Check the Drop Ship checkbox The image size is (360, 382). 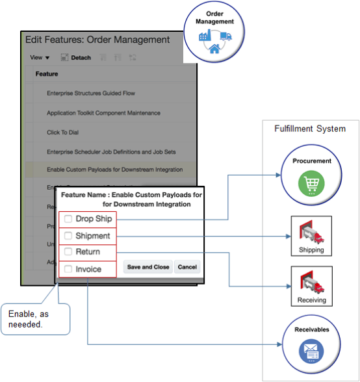coord(68,219)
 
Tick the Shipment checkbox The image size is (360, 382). coord(68,235)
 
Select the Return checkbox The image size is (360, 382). coord(68,251)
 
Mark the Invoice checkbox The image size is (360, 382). coord(68,268)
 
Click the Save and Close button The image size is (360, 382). coord(148,267)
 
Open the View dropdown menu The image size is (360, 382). coord(40,58)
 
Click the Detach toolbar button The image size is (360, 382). coord(75,58)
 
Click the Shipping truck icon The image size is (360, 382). coord(311,234)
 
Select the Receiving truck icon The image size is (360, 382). coord(311,285)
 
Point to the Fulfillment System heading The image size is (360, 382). coord(311,129)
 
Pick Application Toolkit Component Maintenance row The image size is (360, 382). coord(103,113)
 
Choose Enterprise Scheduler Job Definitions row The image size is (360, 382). coord(110,151)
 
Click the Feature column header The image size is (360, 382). coord(47,74)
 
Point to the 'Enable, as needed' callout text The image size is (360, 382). coord(30,318)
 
